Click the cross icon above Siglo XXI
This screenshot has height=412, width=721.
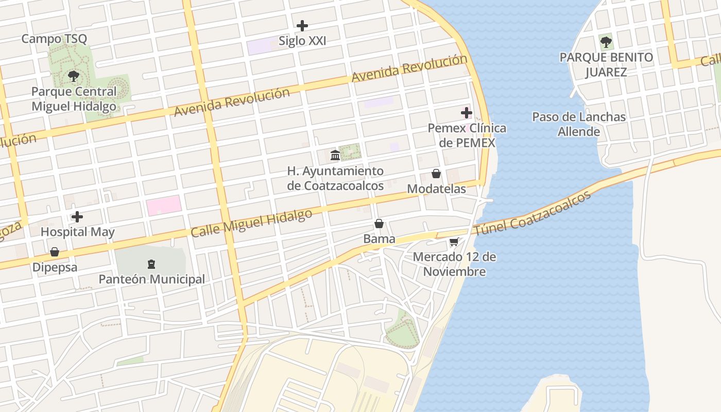coord(302,25)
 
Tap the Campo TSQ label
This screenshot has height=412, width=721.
coord(54,39)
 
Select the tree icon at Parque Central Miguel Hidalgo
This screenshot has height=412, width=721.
coord(74,77)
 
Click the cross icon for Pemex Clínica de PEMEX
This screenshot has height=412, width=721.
coord(467,113)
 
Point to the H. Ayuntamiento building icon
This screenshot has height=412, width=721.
coord(335,155)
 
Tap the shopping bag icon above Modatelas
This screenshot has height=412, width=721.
coord(436,174)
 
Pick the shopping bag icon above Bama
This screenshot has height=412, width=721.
coord(379,224)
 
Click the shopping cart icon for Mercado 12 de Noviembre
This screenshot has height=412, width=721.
coord(454,242)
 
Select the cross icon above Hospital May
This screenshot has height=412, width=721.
coord(77,217)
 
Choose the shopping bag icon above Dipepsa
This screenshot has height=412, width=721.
coord(55,252)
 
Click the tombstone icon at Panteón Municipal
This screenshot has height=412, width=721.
coord(151,264)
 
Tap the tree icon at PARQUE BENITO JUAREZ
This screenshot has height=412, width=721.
coord(606,42)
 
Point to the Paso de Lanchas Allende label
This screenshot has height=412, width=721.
coord(579,124)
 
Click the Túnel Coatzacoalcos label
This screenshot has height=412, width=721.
coord(533,214)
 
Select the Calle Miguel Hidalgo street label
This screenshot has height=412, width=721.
coord(251,223)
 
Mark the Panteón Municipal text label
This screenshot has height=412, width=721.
coord(151,279)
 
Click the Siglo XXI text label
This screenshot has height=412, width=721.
coord(302,41)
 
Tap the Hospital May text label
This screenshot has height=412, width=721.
coord(77,232)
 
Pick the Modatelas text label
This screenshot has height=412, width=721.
coord(436,189)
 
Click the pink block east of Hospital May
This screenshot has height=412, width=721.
coord(164,205)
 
